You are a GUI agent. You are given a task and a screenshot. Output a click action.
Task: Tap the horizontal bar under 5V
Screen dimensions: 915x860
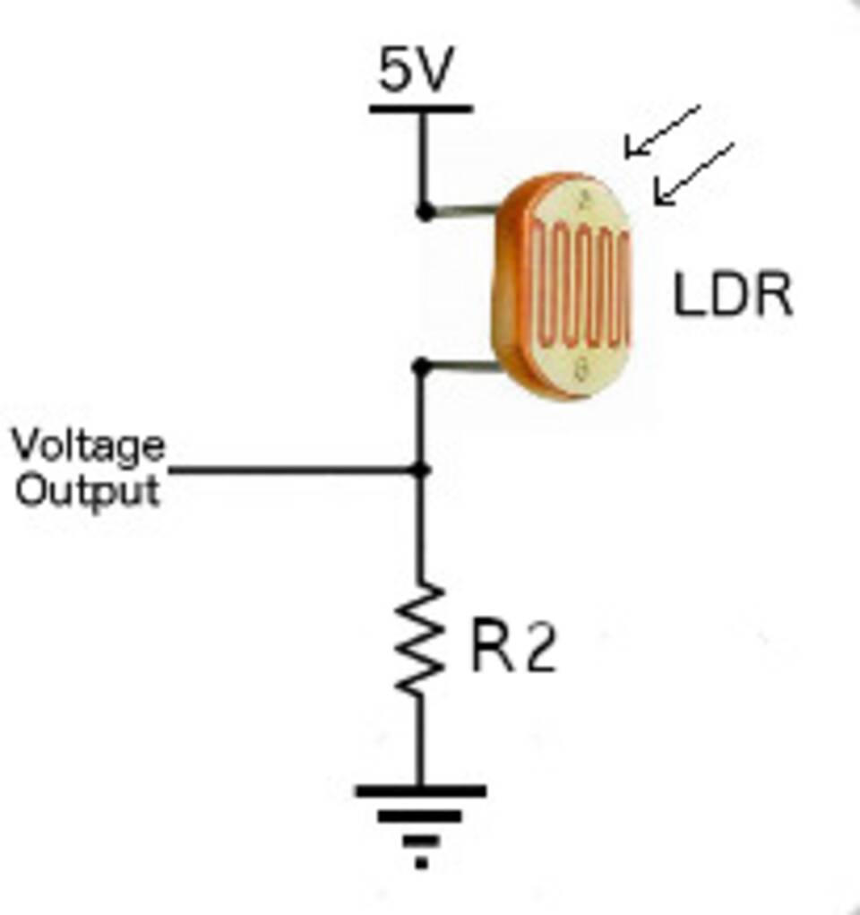coord(421,109)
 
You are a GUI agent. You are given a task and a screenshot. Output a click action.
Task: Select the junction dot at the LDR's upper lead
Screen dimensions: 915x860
coord(425,212)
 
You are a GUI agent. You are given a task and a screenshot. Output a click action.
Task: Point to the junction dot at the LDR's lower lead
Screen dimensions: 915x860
coord(422,367)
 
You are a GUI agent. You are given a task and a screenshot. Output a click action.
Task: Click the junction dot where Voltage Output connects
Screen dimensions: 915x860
coord(421,470)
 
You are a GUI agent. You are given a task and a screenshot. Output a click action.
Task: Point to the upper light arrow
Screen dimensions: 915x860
coord(663,131)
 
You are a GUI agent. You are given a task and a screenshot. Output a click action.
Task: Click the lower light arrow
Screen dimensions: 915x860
coord(694,173)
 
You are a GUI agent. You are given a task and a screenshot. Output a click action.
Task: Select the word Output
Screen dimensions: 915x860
coord(88,490)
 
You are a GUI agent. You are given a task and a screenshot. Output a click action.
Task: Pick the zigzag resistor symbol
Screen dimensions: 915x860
coord(420,638)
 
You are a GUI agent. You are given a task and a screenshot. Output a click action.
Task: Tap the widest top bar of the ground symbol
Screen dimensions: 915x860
coord(421,791)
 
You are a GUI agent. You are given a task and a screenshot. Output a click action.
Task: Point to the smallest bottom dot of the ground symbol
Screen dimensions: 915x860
coord(421,864)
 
